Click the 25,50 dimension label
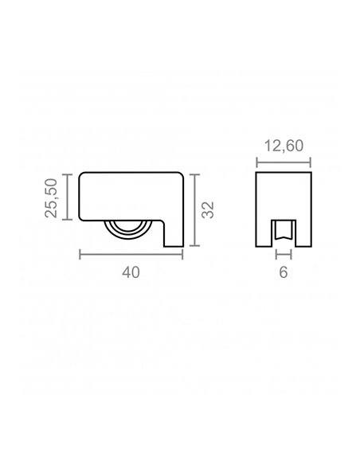[51, 197]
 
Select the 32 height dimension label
[208, 210]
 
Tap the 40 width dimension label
[131, 272]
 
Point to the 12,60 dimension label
[284, 146]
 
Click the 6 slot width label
[284, 272]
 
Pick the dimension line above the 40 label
[131, 255]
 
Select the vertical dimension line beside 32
[194, 210]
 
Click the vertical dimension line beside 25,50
[68, 197]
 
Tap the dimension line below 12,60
[284, 162]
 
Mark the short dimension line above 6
[284, 255]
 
